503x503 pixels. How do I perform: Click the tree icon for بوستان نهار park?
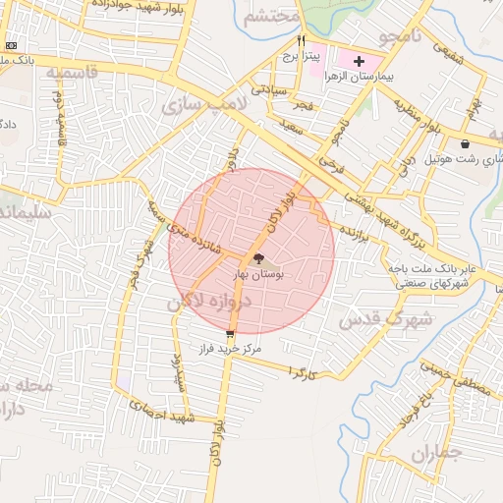pyautogui.click(x=258, y=259)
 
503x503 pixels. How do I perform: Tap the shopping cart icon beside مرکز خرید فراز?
pyautogui.click(x=230, y=334)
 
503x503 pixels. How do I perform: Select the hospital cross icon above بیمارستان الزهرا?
pyautogui.click(x=359, y=61)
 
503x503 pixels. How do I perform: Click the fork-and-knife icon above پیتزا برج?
pyautogui.click(x=302, y=40)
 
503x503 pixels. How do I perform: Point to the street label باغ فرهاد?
pyautogui.click(x=415, y=412)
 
